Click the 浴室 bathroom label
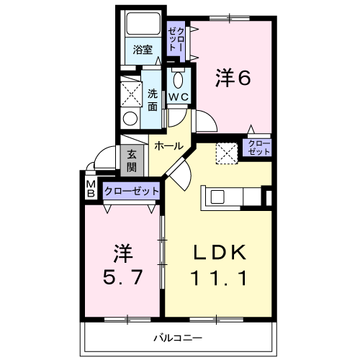(143, 50)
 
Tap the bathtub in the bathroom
(143, 24)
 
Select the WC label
(179, 97)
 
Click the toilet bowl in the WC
(178, 80)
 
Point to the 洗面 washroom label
(153, 100)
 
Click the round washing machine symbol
(130, 119)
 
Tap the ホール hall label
(168, 145)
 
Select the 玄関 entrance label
(132, 161)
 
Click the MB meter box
(91, 189)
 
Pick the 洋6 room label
(233, 77)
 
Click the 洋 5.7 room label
(123, 264)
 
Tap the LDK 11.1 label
(219, 265)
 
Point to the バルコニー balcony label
(178, 338)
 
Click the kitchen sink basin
(217, 197)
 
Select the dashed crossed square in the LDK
(227, 153)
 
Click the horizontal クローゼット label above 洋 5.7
(131, 191)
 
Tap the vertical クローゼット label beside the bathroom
(176, 39)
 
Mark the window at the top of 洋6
(230, 18)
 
